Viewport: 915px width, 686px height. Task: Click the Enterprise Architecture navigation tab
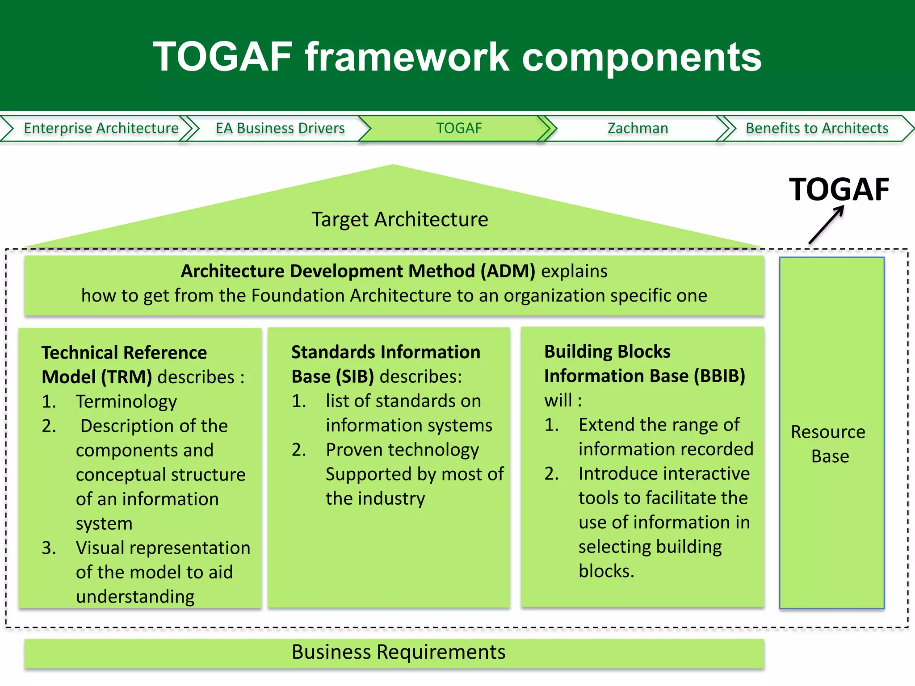click(101, 128)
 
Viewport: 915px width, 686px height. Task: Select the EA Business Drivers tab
click(280, 128)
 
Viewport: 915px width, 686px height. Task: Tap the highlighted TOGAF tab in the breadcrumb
click(459, 128)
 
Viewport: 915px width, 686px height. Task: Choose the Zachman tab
click(638, 128)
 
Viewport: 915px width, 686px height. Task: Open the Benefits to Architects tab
click(817, 128)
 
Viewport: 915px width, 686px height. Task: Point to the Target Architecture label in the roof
click(399, 219)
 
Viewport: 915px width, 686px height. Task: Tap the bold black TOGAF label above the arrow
click(839, 189)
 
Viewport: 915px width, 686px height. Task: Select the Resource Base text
click(829, 444)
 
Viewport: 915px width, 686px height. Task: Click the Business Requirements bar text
click(399, 652)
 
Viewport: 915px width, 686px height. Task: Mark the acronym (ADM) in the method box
click(508, 271)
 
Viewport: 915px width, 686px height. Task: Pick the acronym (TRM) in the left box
click(126, 377)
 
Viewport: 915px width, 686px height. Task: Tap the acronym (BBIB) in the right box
click(719, 376)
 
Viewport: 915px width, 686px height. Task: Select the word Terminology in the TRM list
click(126, 402)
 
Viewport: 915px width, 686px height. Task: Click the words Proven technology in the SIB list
click(402, 450)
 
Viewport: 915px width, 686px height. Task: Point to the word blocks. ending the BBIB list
click(606, 571)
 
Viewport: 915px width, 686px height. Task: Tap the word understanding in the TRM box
click(135, 597)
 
